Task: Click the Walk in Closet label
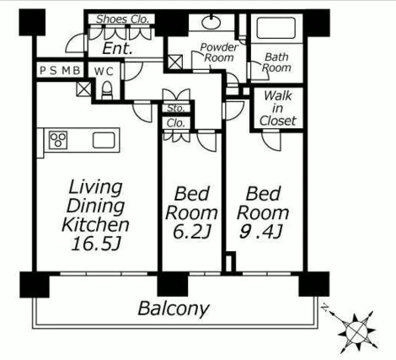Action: point(277,109)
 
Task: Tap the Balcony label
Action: point(174,309)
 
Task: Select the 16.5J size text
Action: point(95,244)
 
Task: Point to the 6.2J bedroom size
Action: point(191,232)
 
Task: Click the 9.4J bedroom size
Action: point(261,232)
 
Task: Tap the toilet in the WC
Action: point(107,90)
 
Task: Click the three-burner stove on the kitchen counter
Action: point(58,140)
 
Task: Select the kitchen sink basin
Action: point(104,140)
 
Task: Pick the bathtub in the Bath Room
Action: point(276,28)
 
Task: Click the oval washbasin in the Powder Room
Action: point(211,22)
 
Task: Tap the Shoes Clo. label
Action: point(122,19)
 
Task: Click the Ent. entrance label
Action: point(117,48)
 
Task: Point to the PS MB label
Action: point(60,70)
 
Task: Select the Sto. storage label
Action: point(176,108)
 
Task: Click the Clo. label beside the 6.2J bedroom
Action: point(176,123)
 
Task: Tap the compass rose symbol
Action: point(356,332)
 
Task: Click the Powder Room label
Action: point(219,52)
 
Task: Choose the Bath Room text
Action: point(276,62)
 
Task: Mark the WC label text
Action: point(104,72)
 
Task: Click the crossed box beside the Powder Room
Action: point(175,62)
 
